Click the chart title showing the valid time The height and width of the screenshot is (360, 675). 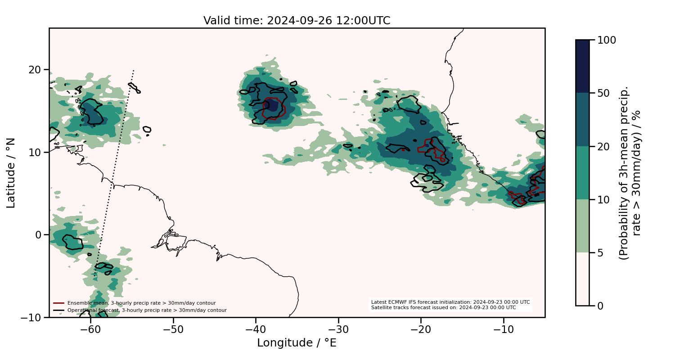[297, 21]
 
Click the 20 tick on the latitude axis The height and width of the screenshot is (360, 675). [36, 70]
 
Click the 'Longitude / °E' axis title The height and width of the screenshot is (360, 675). [297, 343]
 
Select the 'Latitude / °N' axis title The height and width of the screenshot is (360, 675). [11, 173]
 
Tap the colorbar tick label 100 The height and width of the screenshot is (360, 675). [607, 40]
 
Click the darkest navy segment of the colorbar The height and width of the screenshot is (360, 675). [582, 66]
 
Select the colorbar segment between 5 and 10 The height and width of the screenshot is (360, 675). [582, 225]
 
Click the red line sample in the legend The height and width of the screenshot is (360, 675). [59, 303]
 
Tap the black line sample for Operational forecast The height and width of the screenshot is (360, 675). [59, 310]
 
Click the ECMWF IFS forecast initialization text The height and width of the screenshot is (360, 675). [450, 302]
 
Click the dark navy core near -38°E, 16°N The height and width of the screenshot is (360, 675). [271, 105]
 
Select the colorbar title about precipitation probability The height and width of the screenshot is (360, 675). [630, 173]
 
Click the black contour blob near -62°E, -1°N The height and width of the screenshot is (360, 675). [72, 243]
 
